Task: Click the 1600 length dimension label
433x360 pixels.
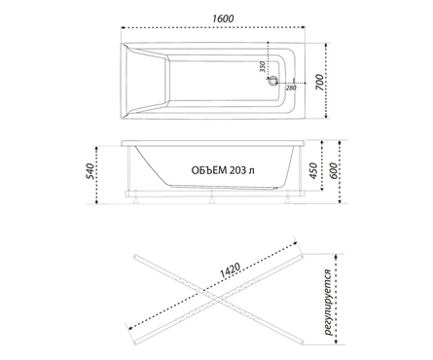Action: click(223, 18)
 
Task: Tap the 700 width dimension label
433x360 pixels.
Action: click(319, 83)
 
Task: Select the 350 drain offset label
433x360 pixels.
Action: click(263, 66)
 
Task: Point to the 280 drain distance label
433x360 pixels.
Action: click(291, 88)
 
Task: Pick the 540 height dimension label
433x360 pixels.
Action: click(90, 171)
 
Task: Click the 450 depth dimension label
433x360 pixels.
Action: click(313, 170)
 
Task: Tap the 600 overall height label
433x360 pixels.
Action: click(333, 170)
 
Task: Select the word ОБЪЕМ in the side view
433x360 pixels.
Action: click(209, 170)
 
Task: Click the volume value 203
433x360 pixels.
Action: click(237, 170)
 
